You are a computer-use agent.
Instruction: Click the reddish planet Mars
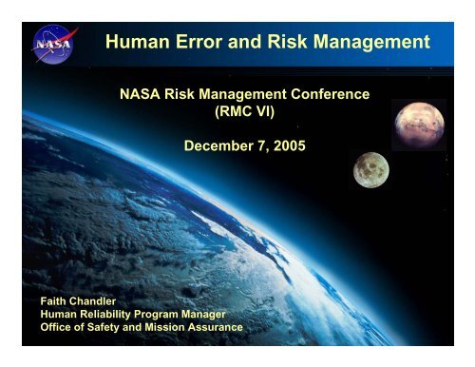[x=418, y=121]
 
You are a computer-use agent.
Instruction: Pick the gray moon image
[x=370, y=170]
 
